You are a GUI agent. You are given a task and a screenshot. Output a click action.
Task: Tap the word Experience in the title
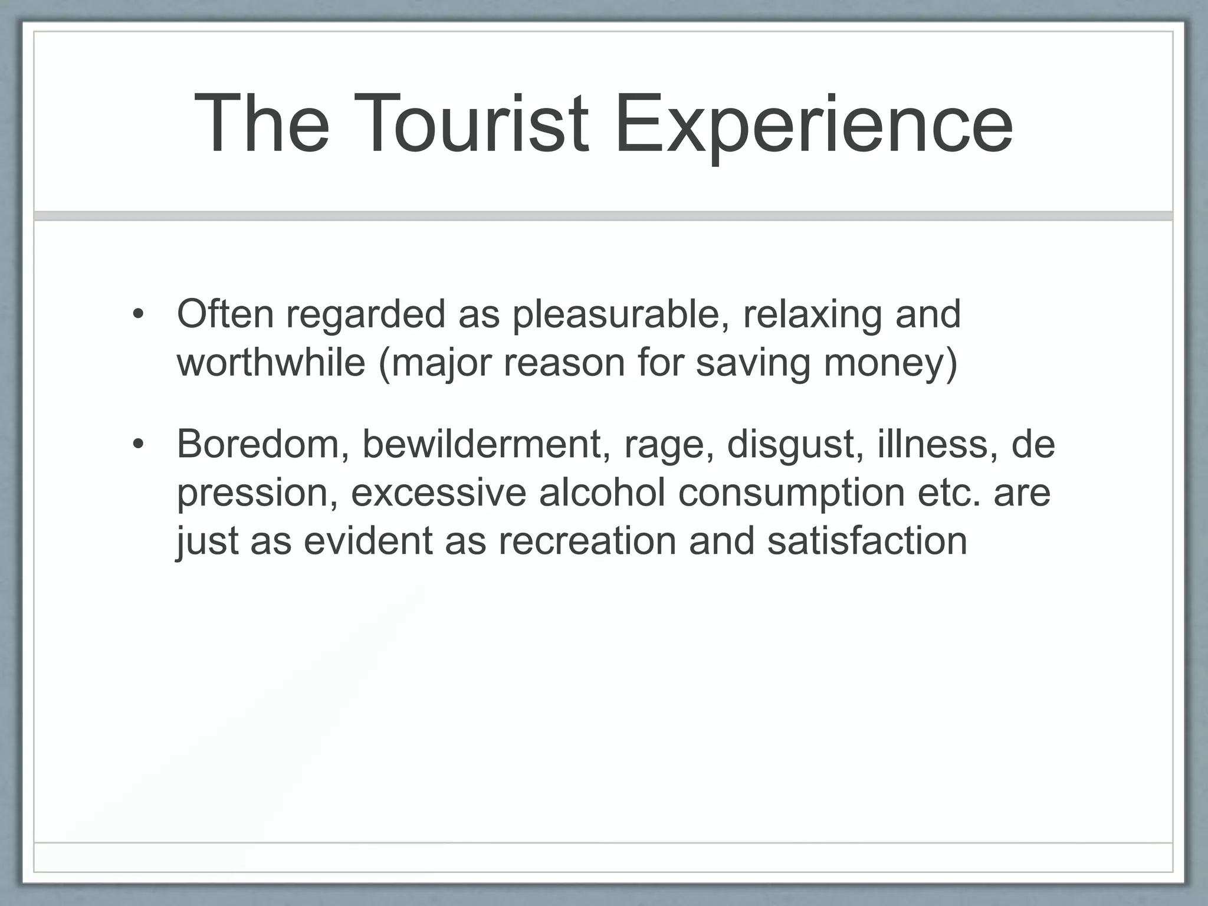[x=813, y=126]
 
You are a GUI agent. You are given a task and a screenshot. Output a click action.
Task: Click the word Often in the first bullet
[x=225, y=314]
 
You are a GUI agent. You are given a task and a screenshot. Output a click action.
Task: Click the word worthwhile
[x=271, y=362]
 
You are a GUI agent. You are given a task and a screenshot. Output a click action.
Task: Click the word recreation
[x=587, y=540]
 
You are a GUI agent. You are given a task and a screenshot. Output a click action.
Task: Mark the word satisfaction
[x=867, y=540]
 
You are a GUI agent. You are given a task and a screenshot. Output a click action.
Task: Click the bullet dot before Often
[x=138, y=314]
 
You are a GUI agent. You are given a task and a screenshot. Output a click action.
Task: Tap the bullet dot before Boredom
[x=138, y=444]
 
